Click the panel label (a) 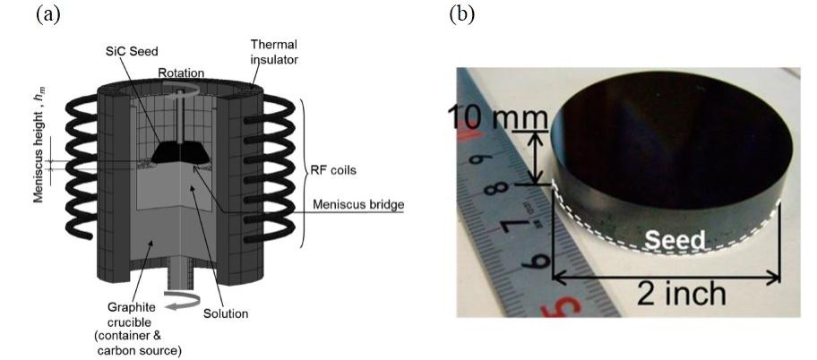pos(47,15)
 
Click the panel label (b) pos(462,15)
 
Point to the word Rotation pos(180,73)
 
